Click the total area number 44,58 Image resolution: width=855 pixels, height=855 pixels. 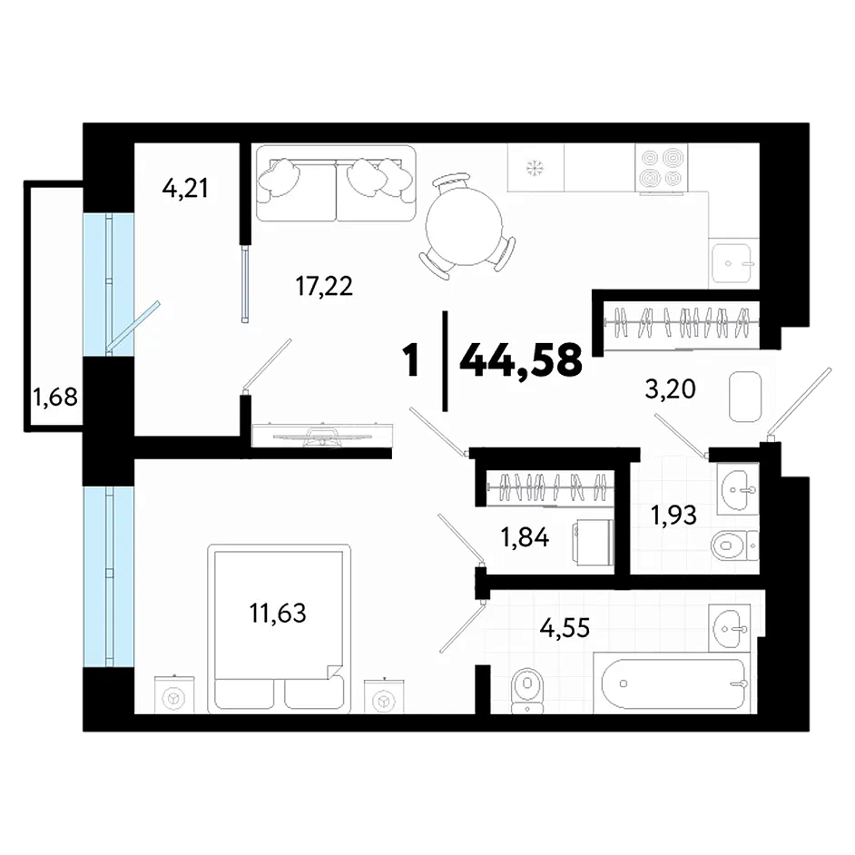click(521, 361)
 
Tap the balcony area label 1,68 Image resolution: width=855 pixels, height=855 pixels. click(55, 397)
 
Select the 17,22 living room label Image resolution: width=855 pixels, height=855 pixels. click(324, 286)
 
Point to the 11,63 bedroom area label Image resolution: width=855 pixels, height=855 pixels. click(278, 613)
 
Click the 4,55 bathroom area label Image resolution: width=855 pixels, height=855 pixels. click(565, 628)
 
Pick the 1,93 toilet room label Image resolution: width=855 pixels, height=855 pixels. click(673, 515)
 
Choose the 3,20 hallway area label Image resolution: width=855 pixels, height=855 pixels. click(670, 389)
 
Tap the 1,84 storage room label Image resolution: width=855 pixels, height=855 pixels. click(525, 538)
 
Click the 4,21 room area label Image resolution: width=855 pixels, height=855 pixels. click(185, 189)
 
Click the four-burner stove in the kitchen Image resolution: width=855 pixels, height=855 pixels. click(662, 167)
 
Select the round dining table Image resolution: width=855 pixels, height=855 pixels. click(464, 226)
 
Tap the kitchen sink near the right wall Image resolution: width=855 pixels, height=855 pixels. click(732, 263)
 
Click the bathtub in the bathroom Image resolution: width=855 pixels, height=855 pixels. click(674, 683)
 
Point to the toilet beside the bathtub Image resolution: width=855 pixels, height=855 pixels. click(527, 689)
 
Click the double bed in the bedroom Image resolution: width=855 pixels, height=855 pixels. click(279, 629)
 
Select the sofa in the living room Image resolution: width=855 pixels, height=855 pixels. click(336, 183)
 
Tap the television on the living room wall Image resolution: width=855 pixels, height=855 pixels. click(321, 435)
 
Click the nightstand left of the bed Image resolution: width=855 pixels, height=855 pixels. click(174, 694)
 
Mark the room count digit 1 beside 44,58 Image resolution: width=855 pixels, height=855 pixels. click(410, 361)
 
